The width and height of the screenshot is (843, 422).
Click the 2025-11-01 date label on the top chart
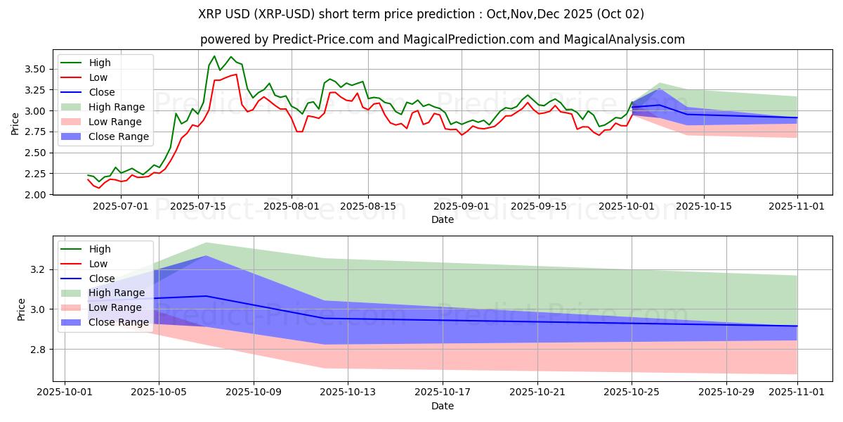click(x=797, y=206)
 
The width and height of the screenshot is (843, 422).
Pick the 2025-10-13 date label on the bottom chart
click(x=348, y=392)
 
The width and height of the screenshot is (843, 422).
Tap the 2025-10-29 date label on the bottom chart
click(x=726, y=392)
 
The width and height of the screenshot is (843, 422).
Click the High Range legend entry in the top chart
click(x=117, y=107)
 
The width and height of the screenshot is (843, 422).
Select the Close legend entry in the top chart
click(x=102, y=92)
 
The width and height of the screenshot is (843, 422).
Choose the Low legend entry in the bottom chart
click(x=99, y=264)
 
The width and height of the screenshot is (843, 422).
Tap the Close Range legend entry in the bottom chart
click(x=119, y=322)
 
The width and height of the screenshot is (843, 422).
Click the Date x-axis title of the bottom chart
click(x=443, y=406)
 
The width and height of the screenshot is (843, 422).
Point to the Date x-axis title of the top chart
click(x=443, y=219)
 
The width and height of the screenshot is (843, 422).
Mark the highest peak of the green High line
click(x=214, y=56)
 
